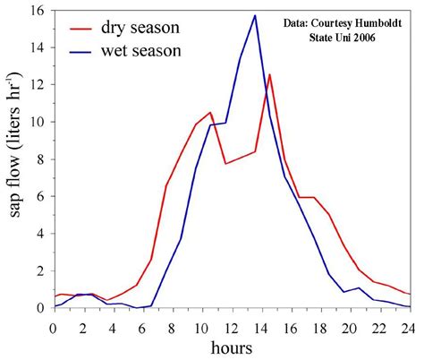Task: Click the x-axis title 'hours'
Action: point(231,346)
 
